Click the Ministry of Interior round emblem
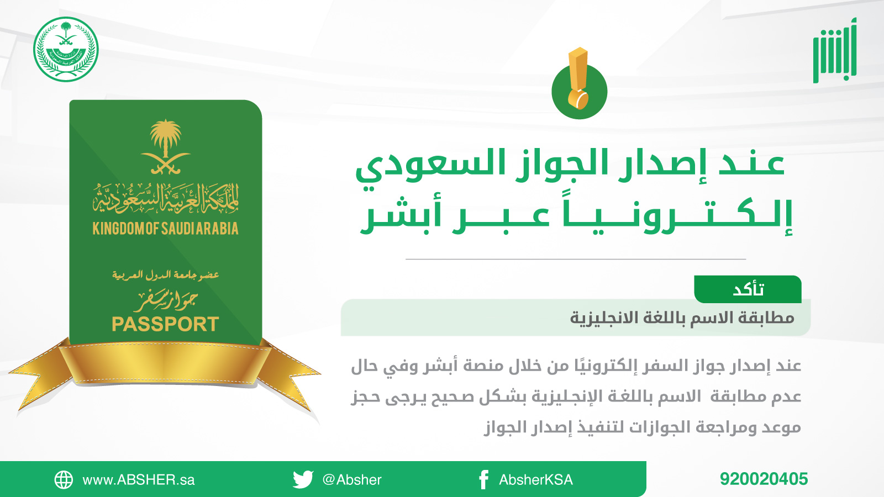pyautogui.click(x=66, y=49)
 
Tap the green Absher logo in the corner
pyautogui.click(x=834, y=50)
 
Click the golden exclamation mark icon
pyautogui.click(x=578, y=78)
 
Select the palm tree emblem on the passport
pyautogui.click(x=166, y=147)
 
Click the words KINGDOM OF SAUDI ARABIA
pyautogui.click(x=165, y=229)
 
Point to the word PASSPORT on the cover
pyautogui.click(x=165, y=324)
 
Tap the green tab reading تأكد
pyautogui.click(x=748, y=289)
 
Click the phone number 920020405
pyautogui.click(x=764, y=479)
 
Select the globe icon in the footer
pyautogui.click(x=64, y=480)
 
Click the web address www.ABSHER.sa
pyautogui.click(x=139, y=480)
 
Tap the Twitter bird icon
pyautogui.click(x=303, y=479)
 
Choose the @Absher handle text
pyautogui.click(x=351, y=480)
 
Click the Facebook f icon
pyautogui.click(x=484, y=480)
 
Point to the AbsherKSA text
pyautogui.click(x=535, y=480)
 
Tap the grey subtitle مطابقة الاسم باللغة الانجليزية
pyautogui.click(x=682, y=318)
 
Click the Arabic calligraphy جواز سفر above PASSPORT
pyautogui.click(x=165, y=300)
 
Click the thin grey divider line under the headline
pyautogui.click(x=576, y=259)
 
